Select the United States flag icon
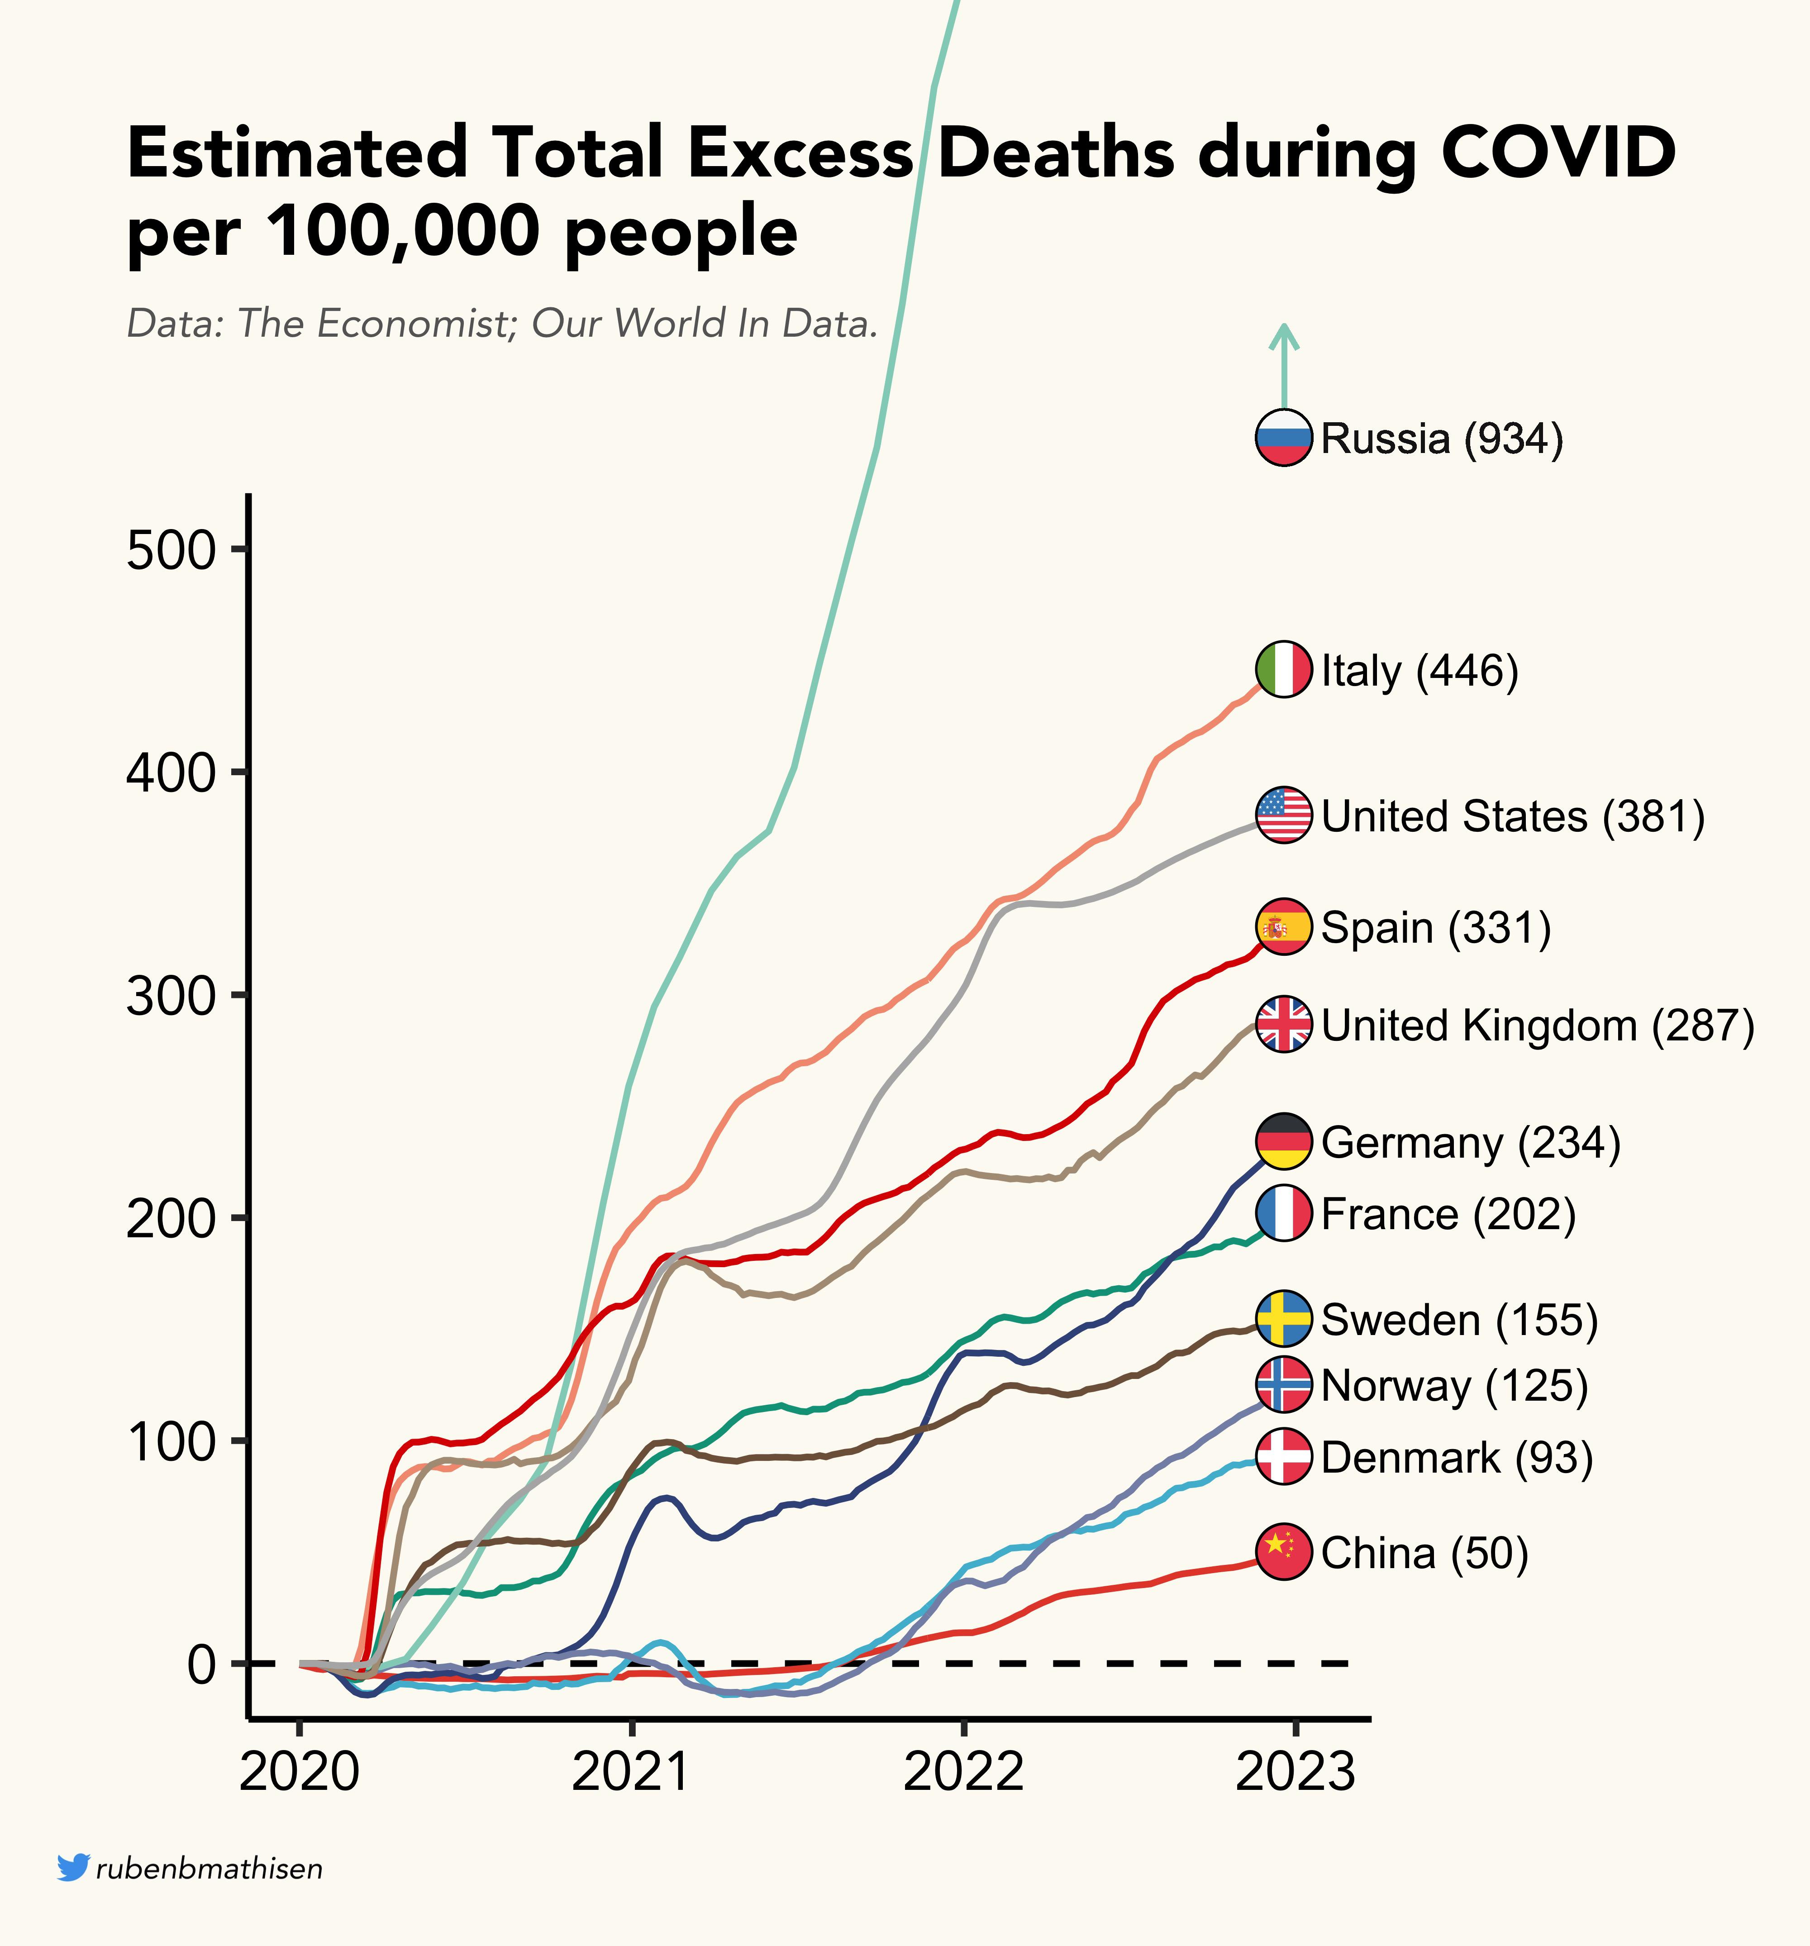1283,815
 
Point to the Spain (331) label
1435,927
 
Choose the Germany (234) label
1470,1142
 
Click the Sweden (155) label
1458,1320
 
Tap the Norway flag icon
1283,1385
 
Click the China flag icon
1283,1552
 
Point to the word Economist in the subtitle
409,323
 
